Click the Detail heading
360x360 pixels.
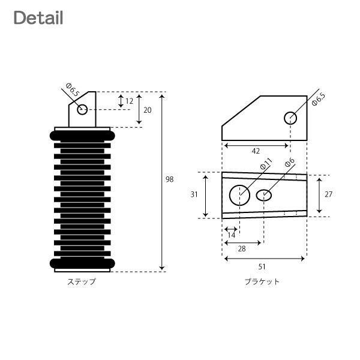[x=38, y=17]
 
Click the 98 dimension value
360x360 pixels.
[x=170, y=179]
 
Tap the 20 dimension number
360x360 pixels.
[x=148, y=110]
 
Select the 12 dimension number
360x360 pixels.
[x=129, y=101]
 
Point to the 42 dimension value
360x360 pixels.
[x=256, y=151]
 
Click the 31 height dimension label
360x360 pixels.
[x=194, y=194]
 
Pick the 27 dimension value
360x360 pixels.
[x=329, y=194]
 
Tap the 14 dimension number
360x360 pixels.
[x=232, y=235]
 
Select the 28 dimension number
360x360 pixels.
[x=242, y=248]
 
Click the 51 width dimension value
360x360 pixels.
[x=262, y=267]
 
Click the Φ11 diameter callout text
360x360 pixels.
[x=266, y=164]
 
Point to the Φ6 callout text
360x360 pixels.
[x=290, y=163]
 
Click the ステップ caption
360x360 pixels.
[x=82, y=281]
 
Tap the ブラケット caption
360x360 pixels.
[x=262, y=281]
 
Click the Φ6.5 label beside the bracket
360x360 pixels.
[x=319, y=99]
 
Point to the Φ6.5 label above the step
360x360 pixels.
[x=73, y=90]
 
